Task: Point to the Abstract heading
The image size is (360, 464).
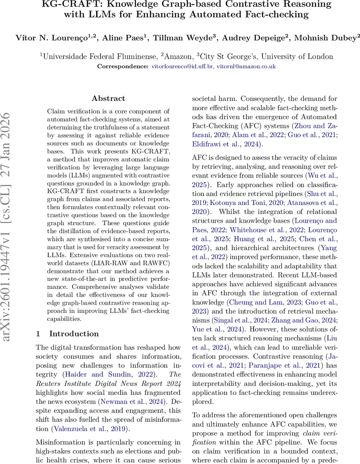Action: pos(108,99)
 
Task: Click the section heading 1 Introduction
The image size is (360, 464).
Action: pos(67,334)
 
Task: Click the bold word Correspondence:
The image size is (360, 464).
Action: pos(122,67)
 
